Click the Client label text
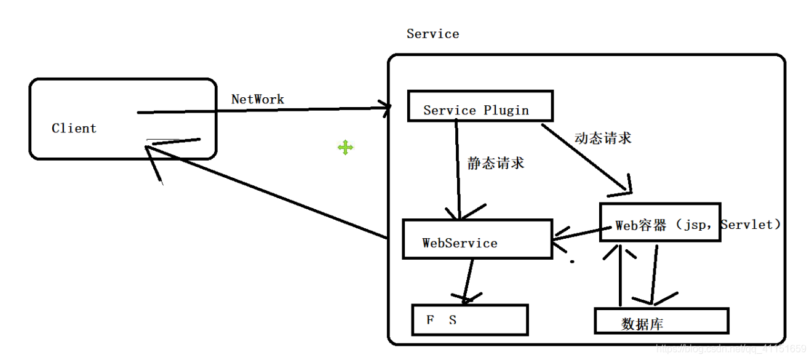coord(74,129)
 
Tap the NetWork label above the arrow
coord(258,99)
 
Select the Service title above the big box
coord(432,34)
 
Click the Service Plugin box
coord(480,106)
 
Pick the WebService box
coord(477,239)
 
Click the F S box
coord(470,319)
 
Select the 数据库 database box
coord(661,321)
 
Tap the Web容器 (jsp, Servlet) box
coord(660,222)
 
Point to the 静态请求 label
coord(496,163)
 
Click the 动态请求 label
coord(602,138)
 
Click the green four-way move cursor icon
coord(345,147)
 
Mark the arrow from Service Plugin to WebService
coord(458,172)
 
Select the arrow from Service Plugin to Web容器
coord(584,158)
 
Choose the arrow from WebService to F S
coord(469,280)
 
